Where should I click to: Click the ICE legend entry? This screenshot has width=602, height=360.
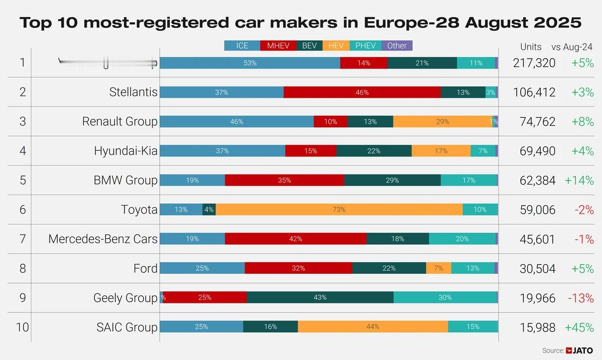coord(242,46)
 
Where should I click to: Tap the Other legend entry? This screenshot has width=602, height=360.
coord(397,46)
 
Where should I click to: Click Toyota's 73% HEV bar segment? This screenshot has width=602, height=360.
coord(339,210)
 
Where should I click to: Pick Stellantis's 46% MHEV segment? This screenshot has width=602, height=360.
coord(362,92)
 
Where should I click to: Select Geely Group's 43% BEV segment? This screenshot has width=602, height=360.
coord(320,297)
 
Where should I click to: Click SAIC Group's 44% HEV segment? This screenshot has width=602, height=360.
coord(373,327)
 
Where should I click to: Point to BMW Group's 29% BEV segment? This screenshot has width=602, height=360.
coord(392,180)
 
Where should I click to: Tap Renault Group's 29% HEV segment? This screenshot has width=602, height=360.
coord(442,122)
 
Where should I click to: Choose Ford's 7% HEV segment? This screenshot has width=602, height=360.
coord(438,268)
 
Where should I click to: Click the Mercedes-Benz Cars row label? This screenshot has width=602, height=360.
coord(103,239)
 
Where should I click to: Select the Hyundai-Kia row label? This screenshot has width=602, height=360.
coord(125,151)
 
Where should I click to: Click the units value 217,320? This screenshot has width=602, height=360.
coord(534,63)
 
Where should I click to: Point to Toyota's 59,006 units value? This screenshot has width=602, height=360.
coord(534,210)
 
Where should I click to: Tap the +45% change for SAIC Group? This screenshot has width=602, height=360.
coord(579,327)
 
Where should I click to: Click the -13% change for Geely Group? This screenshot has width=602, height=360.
coord(580,298)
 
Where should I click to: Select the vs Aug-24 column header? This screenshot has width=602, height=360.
coord(572,47)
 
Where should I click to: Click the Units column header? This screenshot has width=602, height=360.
coord(531,47)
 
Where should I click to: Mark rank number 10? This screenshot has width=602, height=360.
coord(22,327)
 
